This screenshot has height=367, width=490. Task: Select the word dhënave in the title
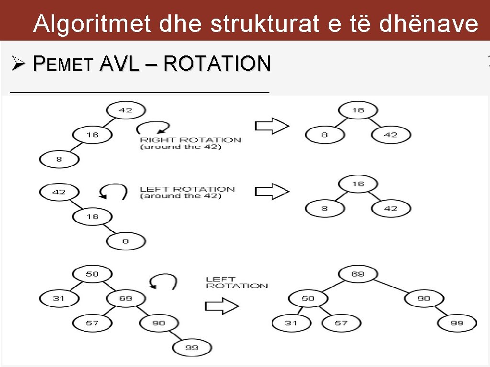[429, 24]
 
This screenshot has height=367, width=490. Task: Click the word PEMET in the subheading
[63, 64]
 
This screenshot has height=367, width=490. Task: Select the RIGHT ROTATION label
[190, 140]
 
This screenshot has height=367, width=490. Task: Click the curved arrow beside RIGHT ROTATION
[153, 128]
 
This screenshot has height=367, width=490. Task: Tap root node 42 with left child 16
[125, 110]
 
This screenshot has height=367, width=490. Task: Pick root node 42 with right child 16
[59, 192]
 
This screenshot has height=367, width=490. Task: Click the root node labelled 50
[92, 274]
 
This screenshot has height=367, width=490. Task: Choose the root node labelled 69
[357, 274]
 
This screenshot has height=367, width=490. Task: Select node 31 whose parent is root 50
[59, 299]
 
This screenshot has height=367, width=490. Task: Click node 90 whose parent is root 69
[424, 299]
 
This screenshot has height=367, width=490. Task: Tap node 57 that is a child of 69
[92, 323]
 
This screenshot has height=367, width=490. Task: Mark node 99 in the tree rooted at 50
[191, 347]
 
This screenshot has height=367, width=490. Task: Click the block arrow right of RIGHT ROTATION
[272, 126]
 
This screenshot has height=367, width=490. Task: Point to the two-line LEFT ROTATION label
[237, 282]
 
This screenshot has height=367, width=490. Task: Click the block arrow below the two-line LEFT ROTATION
[222, 306]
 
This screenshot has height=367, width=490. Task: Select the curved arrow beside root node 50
[163, 281]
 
